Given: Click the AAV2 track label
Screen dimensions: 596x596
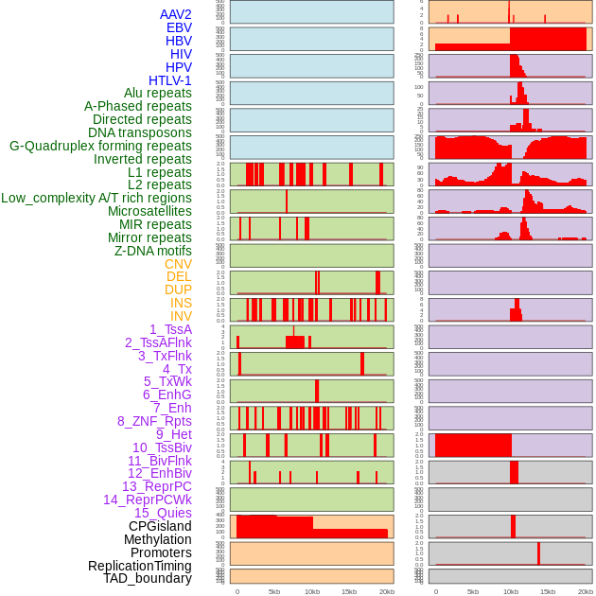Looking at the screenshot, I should pyautogui.click(x=175, y=14).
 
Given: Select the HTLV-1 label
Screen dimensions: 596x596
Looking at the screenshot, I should pyautogui.click(x=169, y=80).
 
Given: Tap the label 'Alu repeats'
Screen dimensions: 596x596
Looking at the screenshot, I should pyautogui.click(x=157, y=93).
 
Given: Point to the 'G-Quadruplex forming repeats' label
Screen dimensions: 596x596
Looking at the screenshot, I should pyautogui.click(x=100, y=146).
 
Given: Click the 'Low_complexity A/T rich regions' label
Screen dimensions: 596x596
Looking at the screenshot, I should pyautogui.click(x=96, y=198).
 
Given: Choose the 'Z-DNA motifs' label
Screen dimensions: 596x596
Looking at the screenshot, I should pyautogui.click(x=152, y=251).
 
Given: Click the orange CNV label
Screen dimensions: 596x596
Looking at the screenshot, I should pyautogui.click(x=178, y=264).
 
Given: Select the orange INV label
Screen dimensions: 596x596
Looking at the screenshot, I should pyautogui.click(x=180, y=316).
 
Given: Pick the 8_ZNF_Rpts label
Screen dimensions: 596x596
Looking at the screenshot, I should pyautogui.click(x=154, y=421).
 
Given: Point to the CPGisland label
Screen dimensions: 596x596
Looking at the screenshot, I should pyautogui.click(x=160, y=526).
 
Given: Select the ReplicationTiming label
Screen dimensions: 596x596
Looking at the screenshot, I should pyautogui.click(x=139, y=566).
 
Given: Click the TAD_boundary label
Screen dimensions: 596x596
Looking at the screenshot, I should pyautogui.click(x=147, y=578).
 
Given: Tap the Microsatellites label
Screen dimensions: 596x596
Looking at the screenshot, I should pyautogui.click(x=149, y=211).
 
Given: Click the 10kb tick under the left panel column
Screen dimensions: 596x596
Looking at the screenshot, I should pyautogui.click(x=312, y=591).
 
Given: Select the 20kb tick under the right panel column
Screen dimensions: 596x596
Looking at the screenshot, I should pyautogui.click(x=586, y=591).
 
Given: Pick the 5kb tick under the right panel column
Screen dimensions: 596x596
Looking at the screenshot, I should pyautogui.click(x=473, y=591).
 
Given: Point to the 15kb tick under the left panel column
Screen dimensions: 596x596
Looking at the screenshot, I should pyautogui.click(x=349, y=591).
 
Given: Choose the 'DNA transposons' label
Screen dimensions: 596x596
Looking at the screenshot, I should pyautogui.click(x=140, y=132).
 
